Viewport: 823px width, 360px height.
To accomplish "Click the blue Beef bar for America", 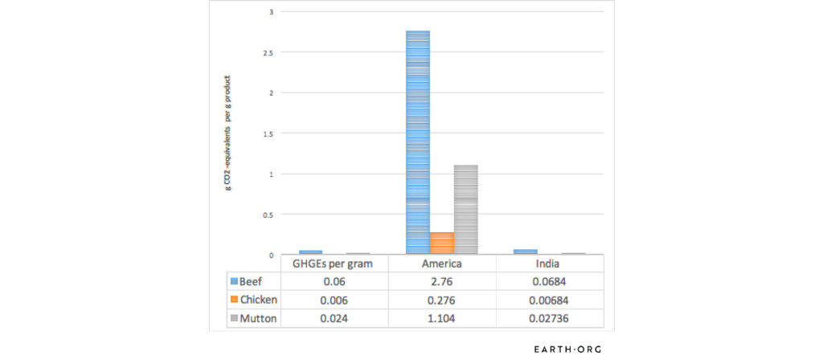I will coord(418,142).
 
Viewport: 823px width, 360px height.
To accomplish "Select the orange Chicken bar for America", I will coord(442,243).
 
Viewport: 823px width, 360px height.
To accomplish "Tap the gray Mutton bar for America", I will coord(466,210).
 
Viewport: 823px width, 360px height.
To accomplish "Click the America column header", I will coord(441,264).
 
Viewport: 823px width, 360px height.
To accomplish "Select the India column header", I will coord(550,264).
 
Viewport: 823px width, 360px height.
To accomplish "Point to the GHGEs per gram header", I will coord(333,264).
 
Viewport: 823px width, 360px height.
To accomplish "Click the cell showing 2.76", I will coord(441,282).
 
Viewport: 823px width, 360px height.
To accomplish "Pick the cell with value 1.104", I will coord(441,318).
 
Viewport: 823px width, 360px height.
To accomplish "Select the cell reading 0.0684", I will coord(550,282).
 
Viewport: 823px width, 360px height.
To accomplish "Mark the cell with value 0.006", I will coord(333,301).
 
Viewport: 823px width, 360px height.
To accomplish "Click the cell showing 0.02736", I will coord(550,318).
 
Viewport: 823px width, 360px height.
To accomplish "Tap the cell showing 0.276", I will coord(441,301).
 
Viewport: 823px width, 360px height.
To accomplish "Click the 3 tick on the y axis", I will coord(271,12).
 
